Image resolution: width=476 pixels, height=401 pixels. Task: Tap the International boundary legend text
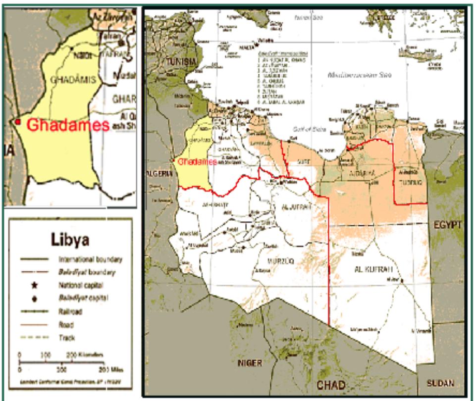tap(90, 259)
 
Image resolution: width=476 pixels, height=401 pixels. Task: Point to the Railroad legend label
tap(71, 312)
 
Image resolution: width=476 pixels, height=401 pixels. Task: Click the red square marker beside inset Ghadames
tap(18, 122)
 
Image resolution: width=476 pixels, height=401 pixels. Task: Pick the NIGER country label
tap(250, 363)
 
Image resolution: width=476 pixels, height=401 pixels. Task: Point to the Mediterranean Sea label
tap(360, 76)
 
